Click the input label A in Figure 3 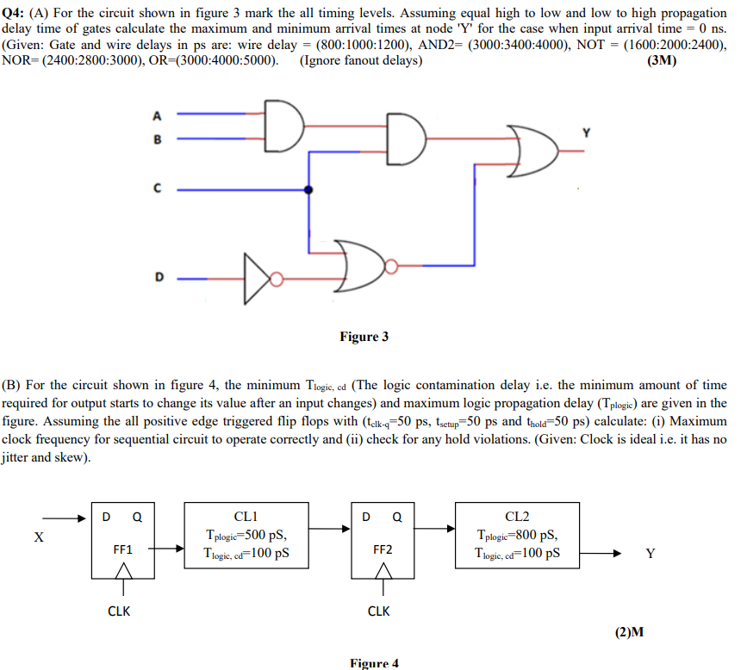[156, 115]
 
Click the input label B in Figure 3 [156, 138]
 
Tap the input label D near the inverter [158, 277]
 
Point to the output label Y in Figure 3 [587, 133]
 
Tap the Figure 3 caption [364, 336]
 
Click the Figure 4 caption [374, 663]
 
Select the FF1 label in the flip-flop [121, 549]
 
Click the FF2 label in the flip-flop [382, 549]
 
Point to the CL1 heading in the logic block [246, 517]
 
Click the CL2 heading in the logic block [517, 517]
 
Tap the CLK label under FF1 [119, 611]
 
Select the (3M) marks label [660, 60]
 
